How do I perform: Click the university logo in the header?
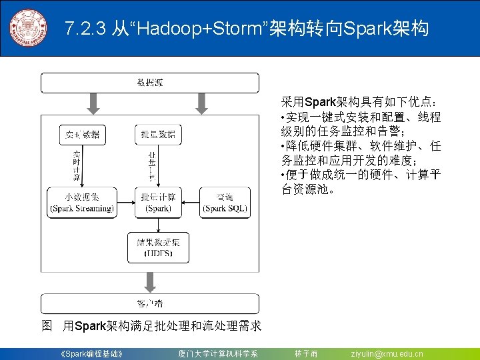(x=28, y=29)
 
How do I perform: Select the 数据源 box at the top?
(x=150, y=83)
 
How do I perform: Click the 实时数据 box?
(x=83, y=135)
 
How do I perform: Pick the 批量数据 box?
(x=158, y=135)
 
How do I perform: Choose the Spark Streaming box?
(x=82, y=203)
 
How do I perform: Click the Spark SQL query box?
(x=225, y=203)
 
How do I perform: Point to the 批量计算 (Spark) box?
(x=158, y=203)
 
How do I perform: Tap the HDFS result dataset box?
(x=158, y=247)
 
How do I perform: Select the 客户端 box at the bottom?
(x=150, y=303)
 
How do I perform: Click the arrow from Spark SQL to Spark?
(x=191, y=203)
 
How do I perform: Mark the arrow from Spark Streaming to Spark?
(x=125, y=203)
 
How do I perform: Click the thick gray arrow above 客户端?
(x=150, y=283)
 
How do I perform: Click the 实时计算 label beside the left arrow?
(x=76, y=166)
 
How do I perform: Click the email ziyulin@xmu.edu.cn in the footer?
(x=387, y=353)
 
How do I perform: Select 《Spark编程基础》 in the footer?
(x=91, y=353)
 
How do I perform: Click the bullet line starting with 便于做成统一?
(x=361, y=182)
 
